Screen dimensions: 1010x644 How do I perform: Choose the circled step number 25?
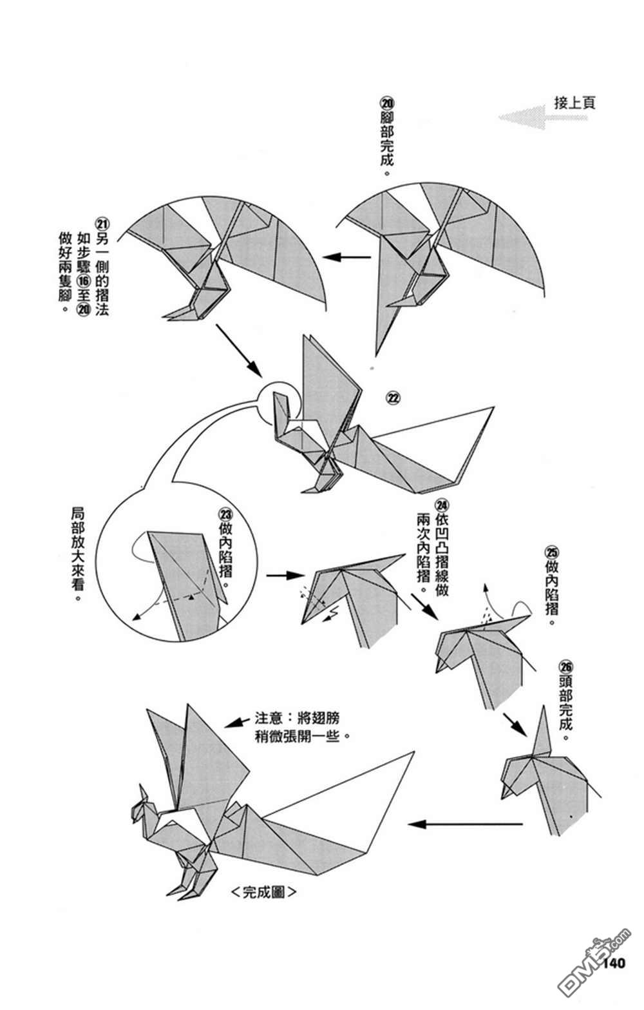coord(552,552)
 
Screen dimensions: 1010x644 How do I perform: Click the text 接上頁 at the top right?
coord(574,103)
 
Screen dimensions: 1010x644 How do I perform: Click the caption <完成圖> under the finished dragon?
coord(263,893)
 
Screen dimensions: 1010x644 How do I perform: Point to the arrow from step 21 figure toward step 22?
coord(238,351)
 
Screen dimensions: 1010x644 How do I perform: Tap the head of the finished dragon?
coord(143,810)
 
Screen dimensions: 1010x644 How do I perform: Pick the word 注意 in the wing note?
coord(268,718)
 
